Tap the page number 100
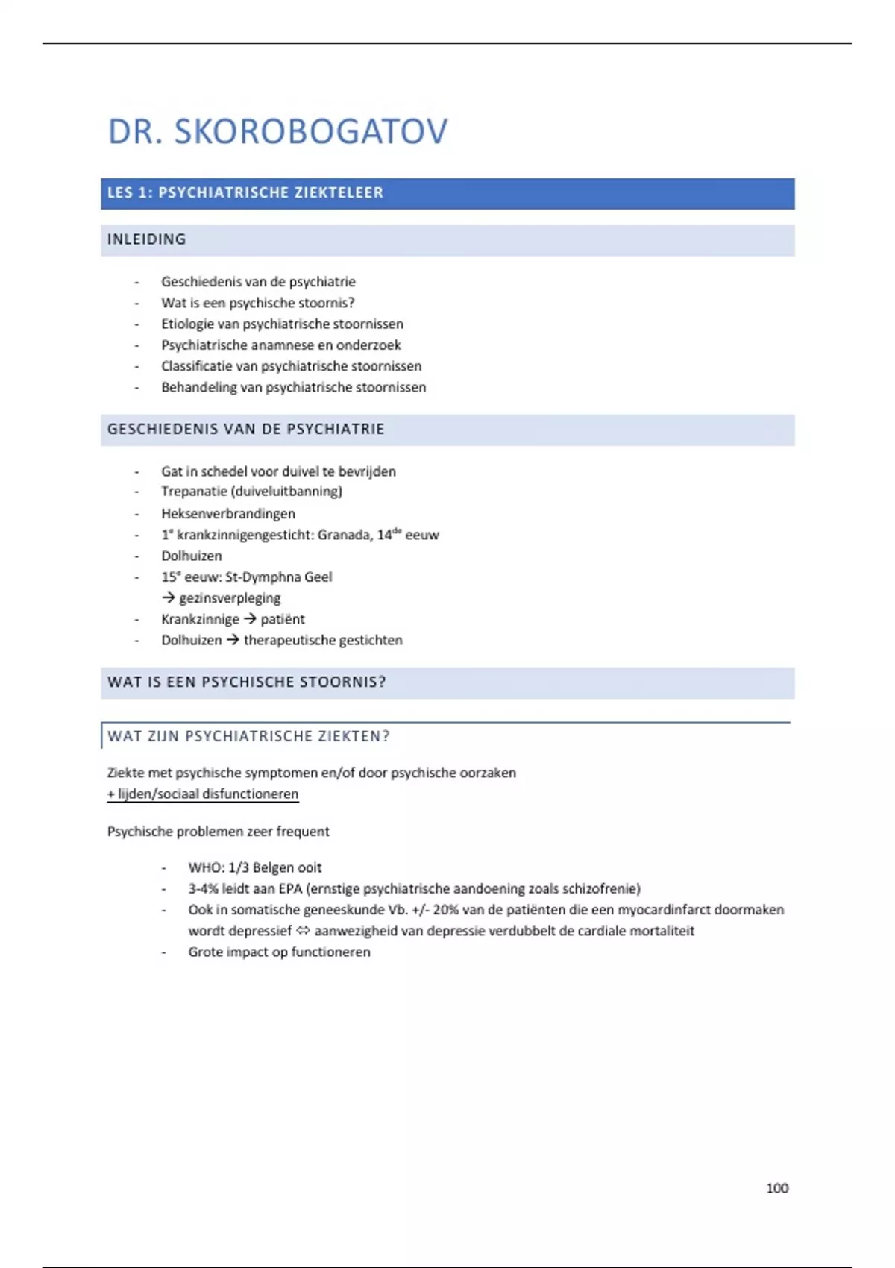click(x=776, y=1188)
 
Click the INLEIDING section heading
click(x=147, y=239)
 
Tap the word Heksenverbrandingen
click(x=228, y=514)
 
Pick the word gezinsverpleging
click(x=230, y=598)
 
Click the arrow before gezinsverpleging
click(x=169, y=598)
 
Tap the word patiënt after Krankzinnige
click(x=283, y=619)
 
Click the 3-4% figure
click(x=203, y=889)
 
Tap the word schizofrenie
click(x=600, y=889)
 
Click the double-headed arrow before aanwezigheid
click(x=303, y=931)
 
